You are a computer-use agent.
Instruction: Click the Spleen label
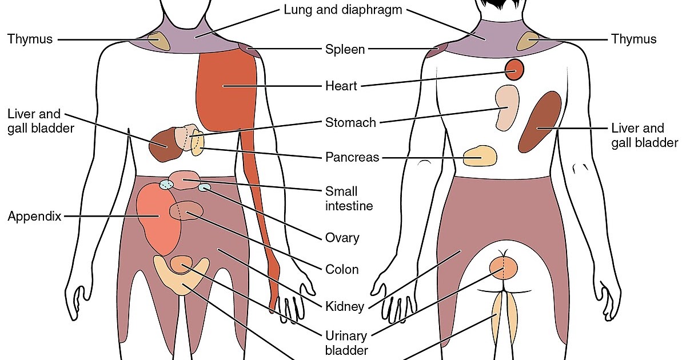pos(345,49)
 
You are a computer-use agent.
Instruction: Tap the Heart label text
pos(341,86)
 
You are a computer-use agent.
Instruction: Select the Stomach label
pos(350,122)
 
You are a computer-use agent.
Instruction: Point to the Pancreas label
pos(352,157)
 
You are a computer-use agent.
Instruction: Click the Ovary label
pos(342,238)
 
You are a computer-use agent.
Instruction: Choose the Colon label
pos(342,270)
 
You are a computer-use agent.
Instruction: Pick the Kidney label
pos(344,307)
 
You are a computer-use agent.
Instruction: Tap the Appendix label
pos(34,217)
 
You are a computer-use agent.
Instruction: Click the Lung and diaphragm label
pos(342,10)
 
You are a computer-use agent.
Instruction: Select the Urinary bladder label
pos(346,342)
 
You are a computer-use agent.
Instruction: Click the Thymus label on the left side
pos(30,39)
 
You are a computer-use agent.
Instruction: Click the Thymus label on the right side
pos(634,39)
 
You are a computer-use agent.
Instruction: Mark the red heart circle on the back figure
pos(514,70)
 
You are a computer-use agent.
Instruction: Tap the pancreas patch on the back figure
pos(480,156)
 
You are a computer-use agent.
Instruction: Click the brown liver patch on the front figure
pos(163,145)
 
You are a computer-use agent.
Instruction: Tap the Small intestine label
pos(349,198)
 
